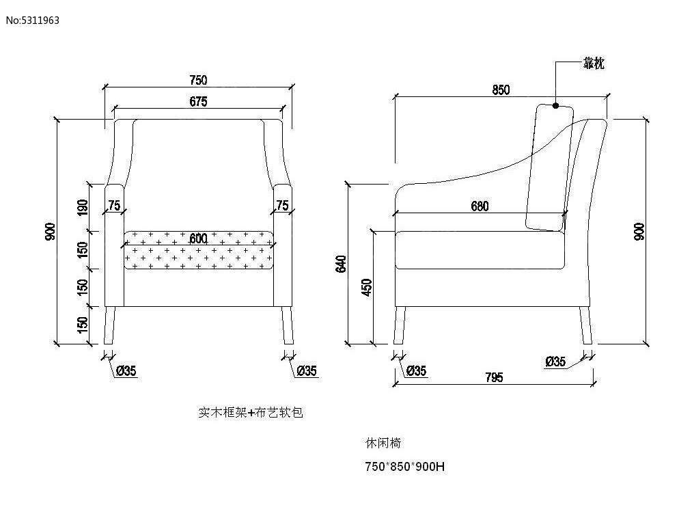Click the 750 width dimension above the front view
pos(197,81)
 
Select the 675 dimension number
pos(197,102)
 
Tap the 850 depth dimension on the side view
pos(501,90)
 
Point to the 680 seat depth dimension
pos(480,206)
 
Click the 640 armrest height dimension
pos(342,264)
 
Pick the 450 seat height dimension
pos(367,288)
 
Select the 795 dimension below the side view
pos(494,377)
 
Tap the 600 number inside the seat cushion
pos(198,239)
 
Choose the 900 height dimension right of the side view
pos(639,232)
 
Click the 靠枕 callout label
pos(593,64)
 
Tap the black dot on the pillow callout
pos(555,106)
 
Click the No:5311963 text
pos(33,20)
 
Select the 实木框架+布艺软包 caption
pos(250,413)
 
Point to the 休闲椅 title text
pos(383,443)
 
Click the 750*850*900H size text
pos(405,467)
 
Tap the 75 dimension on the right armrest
pos(282,206)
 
